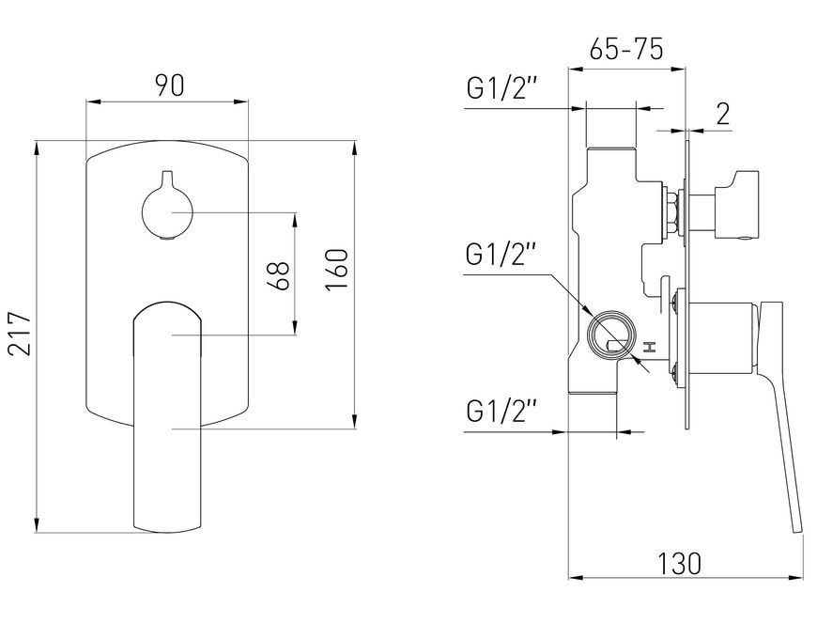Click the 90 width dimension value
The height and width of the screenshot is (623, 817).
[170, 86]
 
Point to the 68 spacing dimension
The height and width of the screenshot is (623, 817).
[279, 275]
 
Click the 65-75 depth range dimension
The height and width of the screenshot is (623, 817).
[626, 50]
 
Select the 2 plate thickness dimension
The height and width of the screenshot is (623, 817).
[723, 115]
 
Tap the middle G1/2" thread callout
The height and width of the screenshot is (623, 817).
[501, 254]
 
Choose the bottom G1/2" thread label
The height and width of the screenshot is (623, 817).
[501, 411]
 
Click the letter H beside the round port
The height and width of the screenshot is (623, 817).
[649, 348]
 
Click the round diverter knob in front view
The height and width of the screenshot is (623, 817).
[167, 212]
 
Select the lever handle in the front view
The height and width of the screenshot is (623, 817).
[167, 417]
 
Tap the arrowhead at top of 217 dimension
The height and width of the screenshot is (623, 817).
[37, 148]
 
